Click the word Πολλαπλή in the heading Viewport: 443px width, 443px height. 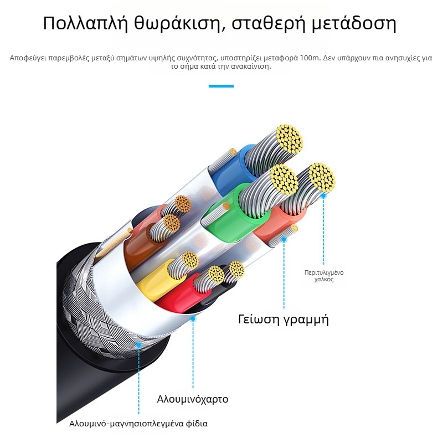[x=85, y=23]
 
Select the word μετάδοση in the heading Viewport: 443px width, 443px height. [x=354, y=23]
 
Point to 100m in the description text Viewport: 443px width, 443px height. [x=310, y=58]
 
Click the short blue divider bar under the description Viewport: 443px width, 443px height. [x=221, y=86]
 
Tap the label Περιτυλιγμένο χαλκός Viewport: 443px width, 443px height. [x=324, y=276]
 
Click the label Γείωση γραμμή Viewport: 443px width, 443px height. [x=284, y=320]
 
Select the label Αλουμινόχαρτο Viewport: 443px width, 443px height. [x=193, y=399]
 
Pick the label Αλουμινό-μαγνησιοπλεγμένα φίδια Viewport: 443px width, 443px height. [x=138, y=424]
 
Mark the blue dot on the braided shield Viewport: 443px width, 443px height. [x=139, y=345]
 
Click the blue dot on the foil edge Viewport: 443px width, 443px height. [x=193, y=319]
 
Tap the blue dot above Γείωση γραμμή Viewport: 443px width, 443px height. [x=284, y=240]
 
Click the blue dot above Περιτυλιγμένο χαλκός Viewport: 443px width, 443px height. [x=324, y=195]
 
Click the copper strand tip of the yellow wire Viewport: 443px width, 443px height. [x=190, y=260]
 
